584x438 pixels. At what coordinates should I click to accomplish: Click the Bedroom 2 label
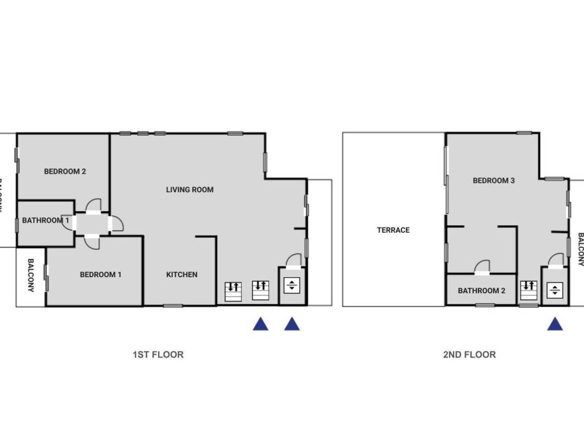click(65, 171)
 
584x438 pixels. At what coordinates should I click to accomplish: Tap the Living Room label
click(190, 189)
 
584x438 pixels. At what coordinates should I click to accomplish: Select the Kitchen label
click(182, 274)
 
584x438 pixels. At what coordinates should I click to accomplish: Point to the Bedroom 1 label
click(100, 274)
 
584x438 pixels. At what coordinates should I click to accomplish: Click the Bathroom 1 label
click(45, 220)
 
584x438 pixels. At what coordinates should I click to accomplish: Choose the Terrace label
click(394, 230)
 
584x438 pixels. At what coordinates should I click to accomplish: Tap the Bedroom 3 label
click(494, 180)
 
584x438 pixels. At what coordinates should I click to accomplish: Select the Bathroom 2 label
click(481, 290)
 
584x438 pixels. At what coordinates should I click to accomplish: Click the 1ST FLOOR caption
click(158, 354)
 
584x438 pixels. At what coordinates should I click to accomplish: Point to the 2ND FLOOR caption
click(469, 354)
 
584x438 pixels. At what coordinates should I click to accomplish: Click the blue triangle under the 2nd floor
click(555, 324)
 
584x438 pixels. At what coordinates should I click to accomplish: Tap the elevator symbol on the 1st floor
click(291, 285)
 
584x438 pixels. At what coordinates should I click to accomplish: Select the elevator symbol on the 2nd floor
click(554, 290)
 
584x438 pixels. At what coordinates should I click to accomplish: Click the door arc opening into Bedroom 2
click(94, 205)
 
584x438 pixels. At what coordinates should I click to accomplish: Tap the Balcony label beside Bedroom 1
click(31, 275)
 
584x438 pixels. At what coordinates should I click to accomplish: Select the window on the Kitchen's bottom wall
click(173, 306)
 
